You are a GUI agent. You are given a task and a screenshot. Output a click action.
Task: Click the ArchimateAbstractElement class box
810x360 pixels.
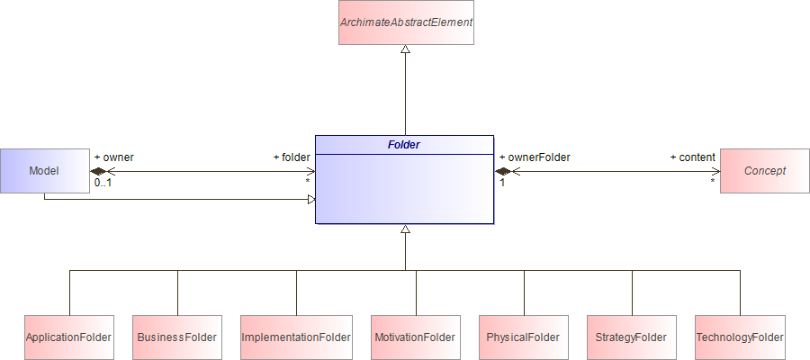pyautogui.click(x=405, y=22)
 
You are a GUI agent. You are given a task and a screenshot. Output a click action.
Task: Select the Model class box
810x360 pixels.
pyautogui.click(x=44, y=170)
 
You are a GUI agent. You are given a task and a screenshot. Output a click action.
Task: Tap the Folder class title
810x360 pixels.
pyautogui.click(x=404, y=144)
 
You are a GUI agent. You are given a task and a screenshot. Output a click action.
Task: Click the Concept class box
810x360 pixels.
pyautogui.click(x=765, y=170)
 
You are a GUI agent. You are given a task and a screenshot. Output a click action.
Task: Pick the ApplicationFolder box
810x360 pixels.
pyautogui.click(x=68, y=337)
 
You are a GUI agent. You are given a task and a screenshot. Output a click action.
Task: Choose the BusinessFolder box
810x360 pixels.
pyautogui.click(x=177, y=337)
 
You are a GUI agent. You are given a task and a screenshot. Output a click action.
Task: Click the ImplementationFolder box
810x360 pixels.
pyautogui.click(x=296, y=337)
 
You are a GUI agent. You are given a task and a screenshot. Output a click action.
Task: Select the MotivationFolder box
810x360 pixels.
pyautogui.click(x=416, y=337)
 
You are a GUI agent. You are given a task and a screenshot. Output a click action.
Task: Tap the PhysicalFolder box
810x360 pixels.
pyautogui.click(x=523, y=337)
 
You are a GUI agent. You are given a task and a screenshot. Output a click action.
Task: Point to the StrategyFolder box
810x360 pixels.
pyautogui.click(x=631, y=337)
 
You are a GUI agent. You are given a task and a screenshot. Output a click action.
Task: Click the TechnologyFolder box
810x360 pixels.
pyautogui.click(x=740, y=337)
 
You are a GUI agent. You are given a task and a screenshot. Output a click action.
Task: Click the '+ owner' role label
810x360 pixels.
pyautogui.click(x=114, y=157)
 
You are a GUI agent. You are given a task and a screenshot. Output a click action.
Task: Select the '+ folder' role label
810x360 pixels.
pyautogui.click(x=292, y=157)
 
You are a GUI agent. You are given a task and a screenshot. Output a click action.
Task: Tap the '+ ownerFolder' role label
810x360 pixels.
pyautogui.click(x=535, y=157)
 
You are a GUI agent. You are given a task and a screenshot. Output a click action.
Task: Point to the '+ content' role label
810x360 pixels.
pyautogui.click(x=692, y=157)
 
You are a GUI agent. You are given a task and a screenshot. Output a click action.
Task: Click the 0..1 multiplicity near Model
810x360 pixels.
pyautogui.click(x=103, y=183)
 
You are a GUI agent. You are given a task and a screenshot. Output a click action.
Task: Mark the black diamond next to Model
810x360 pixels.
pyautogui.click(x=99, y=171)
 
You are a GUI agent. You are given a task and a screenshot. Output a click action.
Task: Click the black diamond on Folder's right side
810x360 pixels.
pyautogui.click(x=503, y=171)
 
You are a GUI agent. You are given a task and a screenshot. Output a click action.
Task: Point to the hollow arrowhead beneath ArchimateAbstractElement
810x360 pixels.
pyautogui.click(x=405, y=50)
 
